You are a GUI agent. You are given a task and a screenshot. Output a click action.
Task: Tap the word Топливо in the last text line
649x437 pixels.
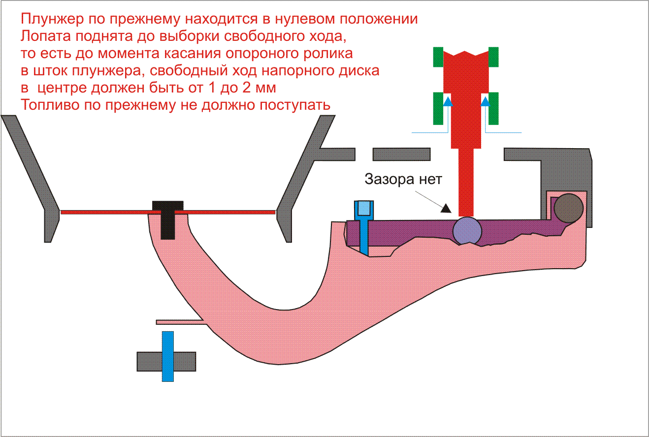point(50,105)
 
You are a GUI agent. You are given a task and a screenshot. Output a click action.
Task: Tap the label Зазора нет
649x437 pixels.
point(403,179)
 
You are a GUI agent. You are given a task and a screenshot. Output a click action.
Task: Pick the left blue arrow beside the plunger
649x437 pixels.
point(448,101)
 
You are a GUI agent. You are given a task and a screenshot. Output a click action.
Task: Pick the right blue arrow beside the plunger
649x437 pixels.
point(486,101)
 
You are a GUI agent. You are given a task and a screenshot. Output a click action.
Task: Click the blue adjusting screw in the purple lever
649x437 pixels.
point(363,226)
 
